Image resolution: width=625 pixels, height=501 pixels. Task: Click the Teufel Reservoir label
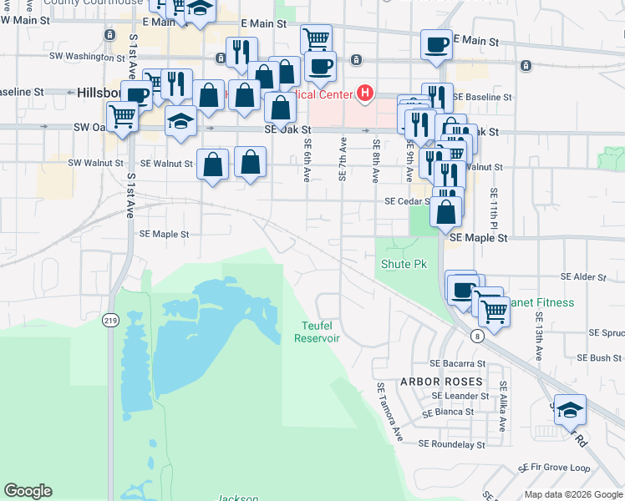[x=317, y=331]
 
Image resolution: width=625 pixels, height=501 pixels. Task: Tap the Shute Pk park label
[x=404, y=264]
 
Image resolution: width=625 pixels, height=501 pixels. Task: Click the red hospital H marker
[x=365, y=94]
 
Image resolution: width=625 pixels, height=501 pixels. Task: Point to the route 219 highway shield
[x=110, y=320]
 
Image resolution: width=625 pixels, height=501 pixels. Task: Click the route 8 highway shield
[x=476, y=336]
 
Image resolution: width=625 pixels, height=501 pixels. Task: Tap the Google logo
[x=28, y=491]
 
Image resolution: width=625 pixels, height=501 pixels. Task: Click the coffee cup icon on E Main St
[x=436, y=44]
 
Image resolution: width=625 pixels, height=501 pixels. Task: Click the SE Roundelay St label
[x=451, y=445]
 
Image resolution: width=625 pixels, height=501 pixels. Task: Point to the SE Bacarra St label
[x=457, y=364]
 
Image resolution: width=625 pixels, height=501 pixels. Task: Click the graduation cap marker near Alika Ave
[x=570, y=409]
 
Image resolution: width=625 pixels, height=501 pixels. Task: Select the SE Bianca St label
[x=448, y=412]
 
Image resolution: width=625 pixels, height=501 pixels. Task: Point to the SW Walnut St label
[x=95, y=163]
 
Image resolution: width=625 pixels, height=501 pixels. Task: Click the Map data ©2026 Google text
[x=572, y=494]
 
